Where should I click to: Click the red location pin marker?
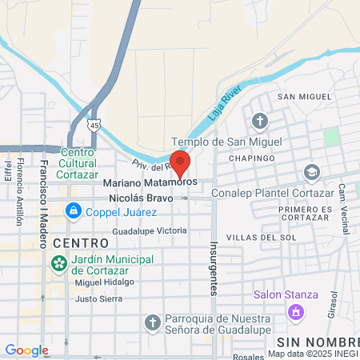[180, 162]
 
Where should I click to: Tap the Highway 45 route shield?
[95, 125]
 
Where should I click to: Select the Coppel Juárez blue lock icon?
[74, 210]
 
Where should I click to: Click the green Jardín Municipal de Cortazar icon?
[58, 263]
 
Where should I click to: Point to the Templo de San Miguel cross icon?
[260, 122]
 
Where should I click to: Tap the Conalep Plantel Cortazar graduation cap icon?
[311, 172]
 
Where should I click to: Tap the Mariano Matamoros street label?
[150, 182]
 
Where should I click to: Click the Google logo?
[26, 350]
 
